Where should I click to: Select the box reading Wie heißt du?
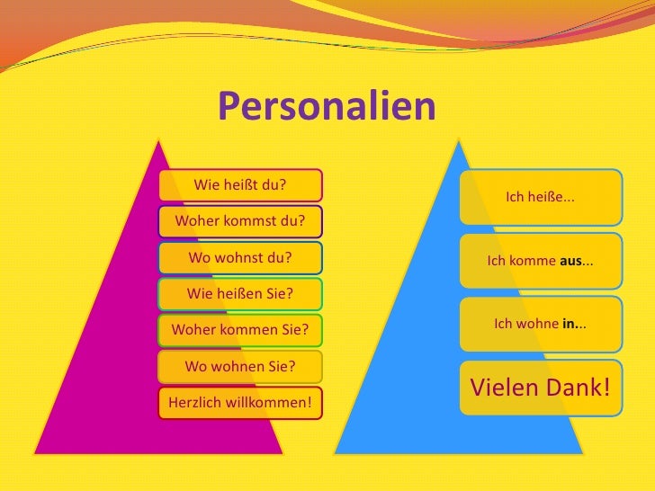pos(240,185)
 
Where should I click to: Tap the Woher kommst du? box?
pos(240,220)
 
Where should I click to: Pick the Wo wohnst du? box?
pos(240,256)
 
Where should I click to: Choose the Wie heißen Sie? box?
pos(240,293)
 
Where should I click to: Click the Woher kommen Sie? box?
pos(240,329)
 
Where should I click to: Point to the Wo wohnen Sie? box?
pos(240,366)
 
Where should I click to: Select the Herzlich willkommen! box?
pos(240,402)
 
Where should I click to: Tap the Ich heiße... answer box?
pos(541,196)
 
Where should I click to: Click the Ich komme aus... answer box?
pos(541,261)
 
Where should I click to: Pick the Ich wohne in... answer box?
pos(541,324)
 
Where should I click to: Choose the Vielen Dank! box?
pos(541,388)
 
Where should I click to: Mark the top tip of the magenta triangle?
pos(159,140)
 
